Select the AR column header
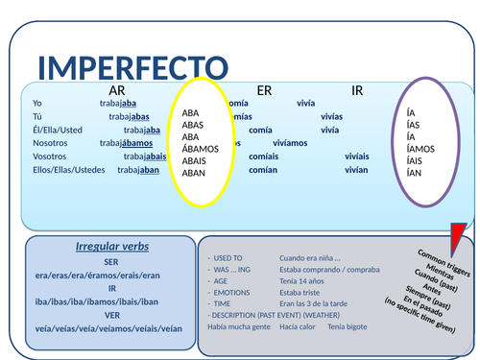(119, 91)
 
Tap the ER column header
(264, 91)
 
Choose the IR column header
(357, 91)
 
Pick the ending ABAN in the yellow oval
(194, 173)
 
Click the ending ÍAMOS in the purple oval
(420, 149)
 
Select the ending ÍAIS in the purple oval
(415, 160)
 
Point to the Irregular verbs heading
(112, 246)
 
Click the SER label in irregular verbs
(112, 260)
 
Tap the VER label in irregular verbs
(112, 315)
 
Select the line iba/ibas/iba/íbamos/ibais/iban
(112, 300)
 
